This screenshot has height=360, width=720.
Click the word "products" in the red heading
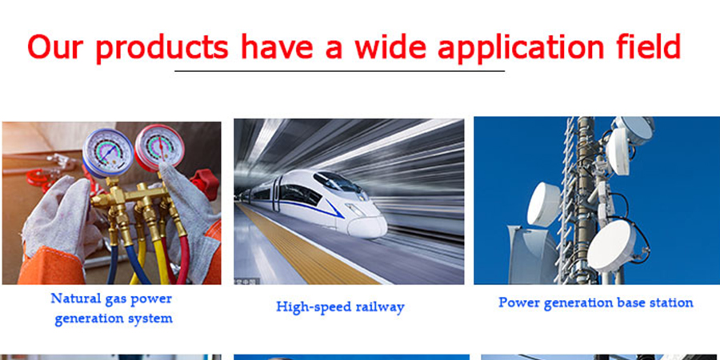click(162, 48)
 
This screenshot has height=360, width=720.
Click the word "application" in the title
click(521, 48)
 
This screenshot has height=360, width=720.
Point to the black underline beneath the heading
click(339, 71)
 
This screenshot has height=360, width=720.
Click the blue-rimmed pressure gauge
click(108, 153)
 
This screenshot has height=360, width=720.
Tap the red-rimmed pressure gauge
click(159, 148)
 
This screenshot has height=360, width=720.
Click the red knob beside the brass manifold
click(205, 184)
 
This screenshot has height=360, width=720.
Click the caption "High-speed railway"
click(340, 306)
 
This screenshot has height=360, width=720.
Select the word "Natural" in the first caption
click(73, 298)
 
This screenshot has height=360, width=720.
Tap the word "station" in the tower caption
click(672, 302)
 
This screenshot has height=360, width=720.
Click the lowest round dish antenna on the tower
click(612, 246)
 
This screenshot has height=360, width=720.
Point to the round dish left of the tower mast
click(544, 204)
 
